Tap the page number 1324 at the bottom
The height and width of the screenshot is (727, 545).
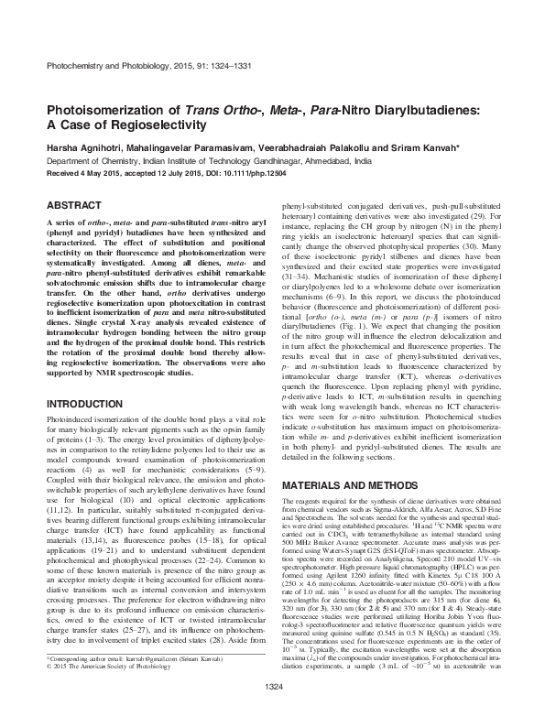(x=272, y=711)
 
